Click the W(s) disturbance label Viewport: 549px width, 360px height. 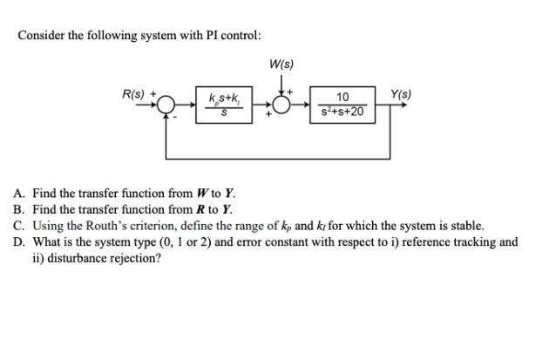[x=282, y=65]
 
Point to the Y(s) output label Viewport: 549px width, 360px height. [x=402, y=94]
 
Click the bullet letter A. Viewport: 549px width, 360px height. [x=18, y=194]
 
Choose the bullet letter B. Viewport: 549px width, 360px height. [x=18, y=209]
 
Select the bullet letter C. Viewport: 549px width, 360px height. [x=18, y=226]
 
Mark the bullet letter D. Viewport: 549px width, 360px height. [x=18, y=242]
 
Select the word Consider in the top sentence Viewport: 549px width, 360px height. [x=41, y=36]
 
